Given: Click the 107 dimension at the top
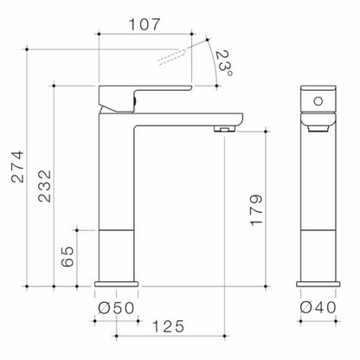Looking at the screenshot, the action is coord(144,24).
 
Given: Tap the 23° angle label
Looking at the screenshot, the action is coord(224,64).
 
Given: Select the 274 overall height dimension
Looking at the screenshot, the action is coord(17,166).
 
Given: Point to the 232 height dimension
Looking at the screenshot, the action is coord(44,186).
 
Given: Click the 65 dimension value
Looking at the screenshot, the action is coord(67,256).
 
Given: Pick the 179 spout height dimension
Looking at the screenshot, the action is coord(256,210).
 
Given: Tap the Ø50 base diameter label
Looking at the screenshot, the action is coord(116,308).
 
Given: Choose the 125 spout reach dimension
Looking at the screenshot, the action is coord(168,326).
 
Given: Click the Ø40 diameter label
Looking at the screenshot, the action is coord(318,307).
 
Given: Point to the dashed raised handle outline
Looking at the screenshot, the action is coord(171,57).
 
